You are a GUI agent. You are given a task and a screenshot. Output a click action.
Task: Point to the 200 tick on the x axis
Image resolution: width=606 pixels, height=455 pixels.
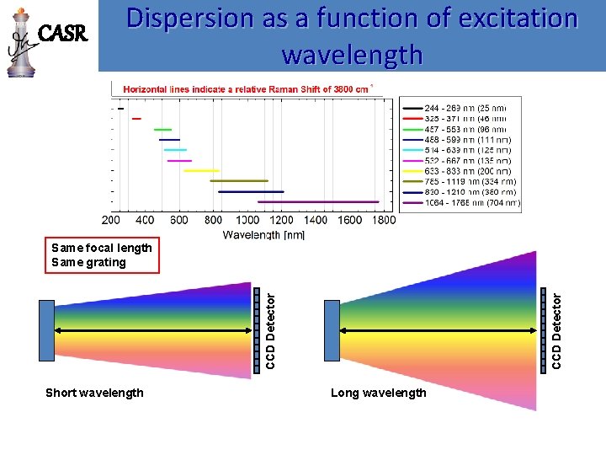pyautogui.click(x=111, y=220)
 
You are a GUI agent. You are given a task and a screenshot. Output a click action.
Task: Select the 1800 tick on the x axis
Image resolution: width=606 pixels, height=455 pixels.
pyautogui.click(x=382, y=220)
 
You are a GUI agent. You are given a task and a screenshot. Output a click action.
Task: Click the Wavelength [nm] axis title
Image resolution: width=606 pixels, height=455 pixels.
pyautogui.click(x=263, y=234)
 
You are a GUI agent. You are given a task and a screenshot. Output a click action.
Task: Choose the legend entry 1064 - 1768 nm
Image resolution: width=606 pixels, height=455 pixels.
pyautogui.click(x=471, y=202)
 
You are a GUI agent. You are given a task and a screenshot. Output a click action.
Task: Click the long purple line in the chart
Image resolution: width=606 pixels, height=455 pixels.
pyautogui.click(x=318, y=202)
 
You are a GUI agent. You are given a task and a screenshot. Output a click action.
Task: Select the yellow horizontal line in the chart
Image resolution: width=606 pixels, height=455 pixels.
pyautogui.click(x=201, y=170)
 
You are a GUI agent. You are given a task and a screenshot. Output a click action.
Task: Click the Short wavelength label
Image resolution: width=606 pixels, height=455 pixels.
pyautogui.click(x=94, y=393)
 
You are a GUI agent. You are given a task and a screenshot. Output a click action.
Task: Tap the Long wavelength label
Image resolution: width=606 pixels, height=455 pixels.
pyautogui.click(x=379, y=393)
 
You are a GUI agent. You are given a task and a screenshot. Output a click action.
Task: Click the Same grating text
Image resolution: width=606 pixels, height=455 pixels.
pyautogui.click(x=88, y=262)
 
